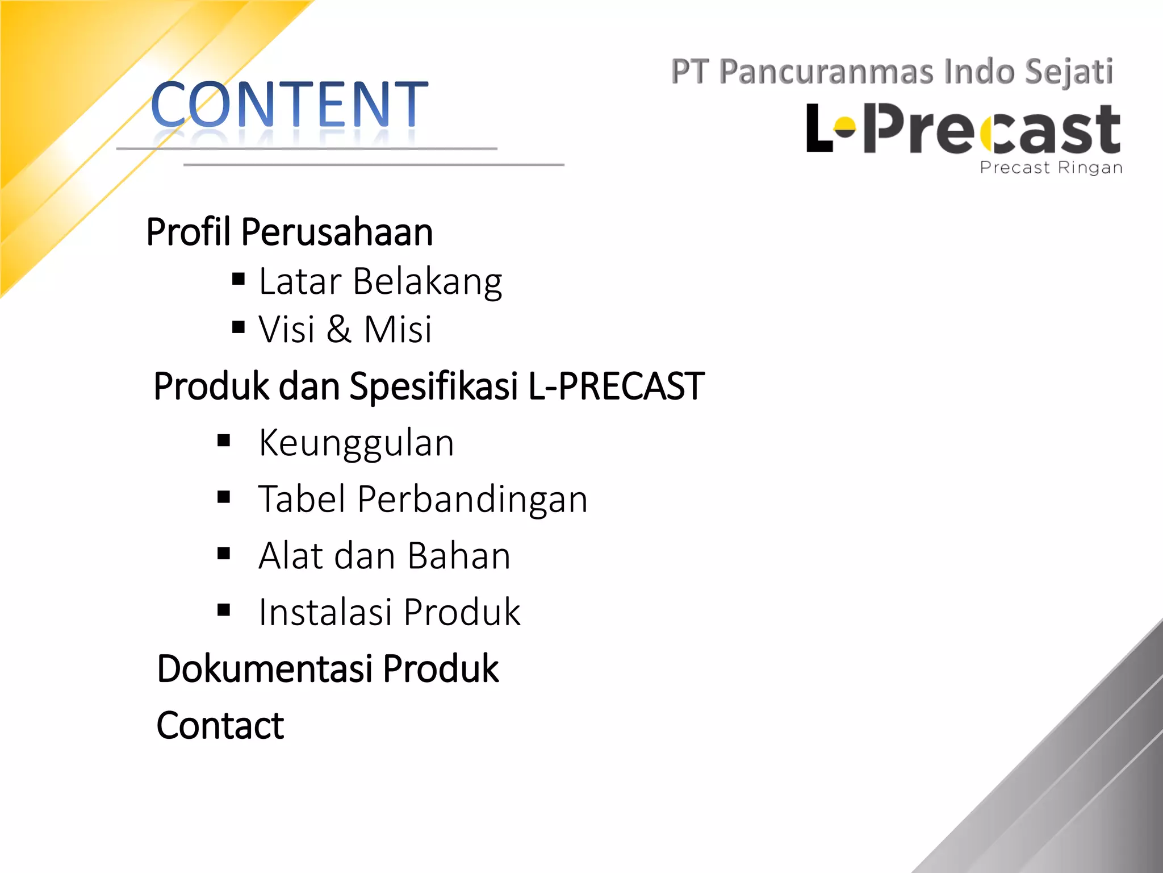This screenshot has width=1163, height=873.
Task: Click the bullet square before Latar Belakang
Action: coord(239,278)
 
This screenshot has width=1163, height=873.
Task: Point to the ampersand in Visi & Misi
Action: coord(339,329)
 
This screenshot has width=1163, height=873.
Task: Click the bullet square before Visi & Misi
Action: coord(239,327)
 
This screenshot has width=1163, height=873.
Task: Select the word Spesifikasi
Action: coord(434,386)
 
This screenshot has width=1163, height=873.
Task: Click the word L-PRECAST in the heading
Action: coord(616,386)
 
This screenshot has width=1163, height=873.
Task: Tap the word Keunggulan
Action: coord(356,443)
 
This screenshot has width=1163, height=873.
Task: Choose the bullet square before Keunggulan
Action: coord(224,440)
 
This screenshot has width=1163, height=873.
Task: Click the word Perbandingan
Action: coord(472,499)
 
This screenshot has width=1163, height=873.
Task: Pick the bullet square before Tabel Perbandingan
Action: coord(224,497)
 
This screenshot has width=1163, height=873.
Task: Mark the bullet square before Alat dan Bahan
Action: coord(224,554)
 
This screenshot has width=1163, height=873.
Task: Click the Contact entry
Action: coord(220,726)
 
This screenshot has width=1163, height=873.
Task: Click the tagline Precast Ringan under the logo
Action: coord(1051,168)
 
